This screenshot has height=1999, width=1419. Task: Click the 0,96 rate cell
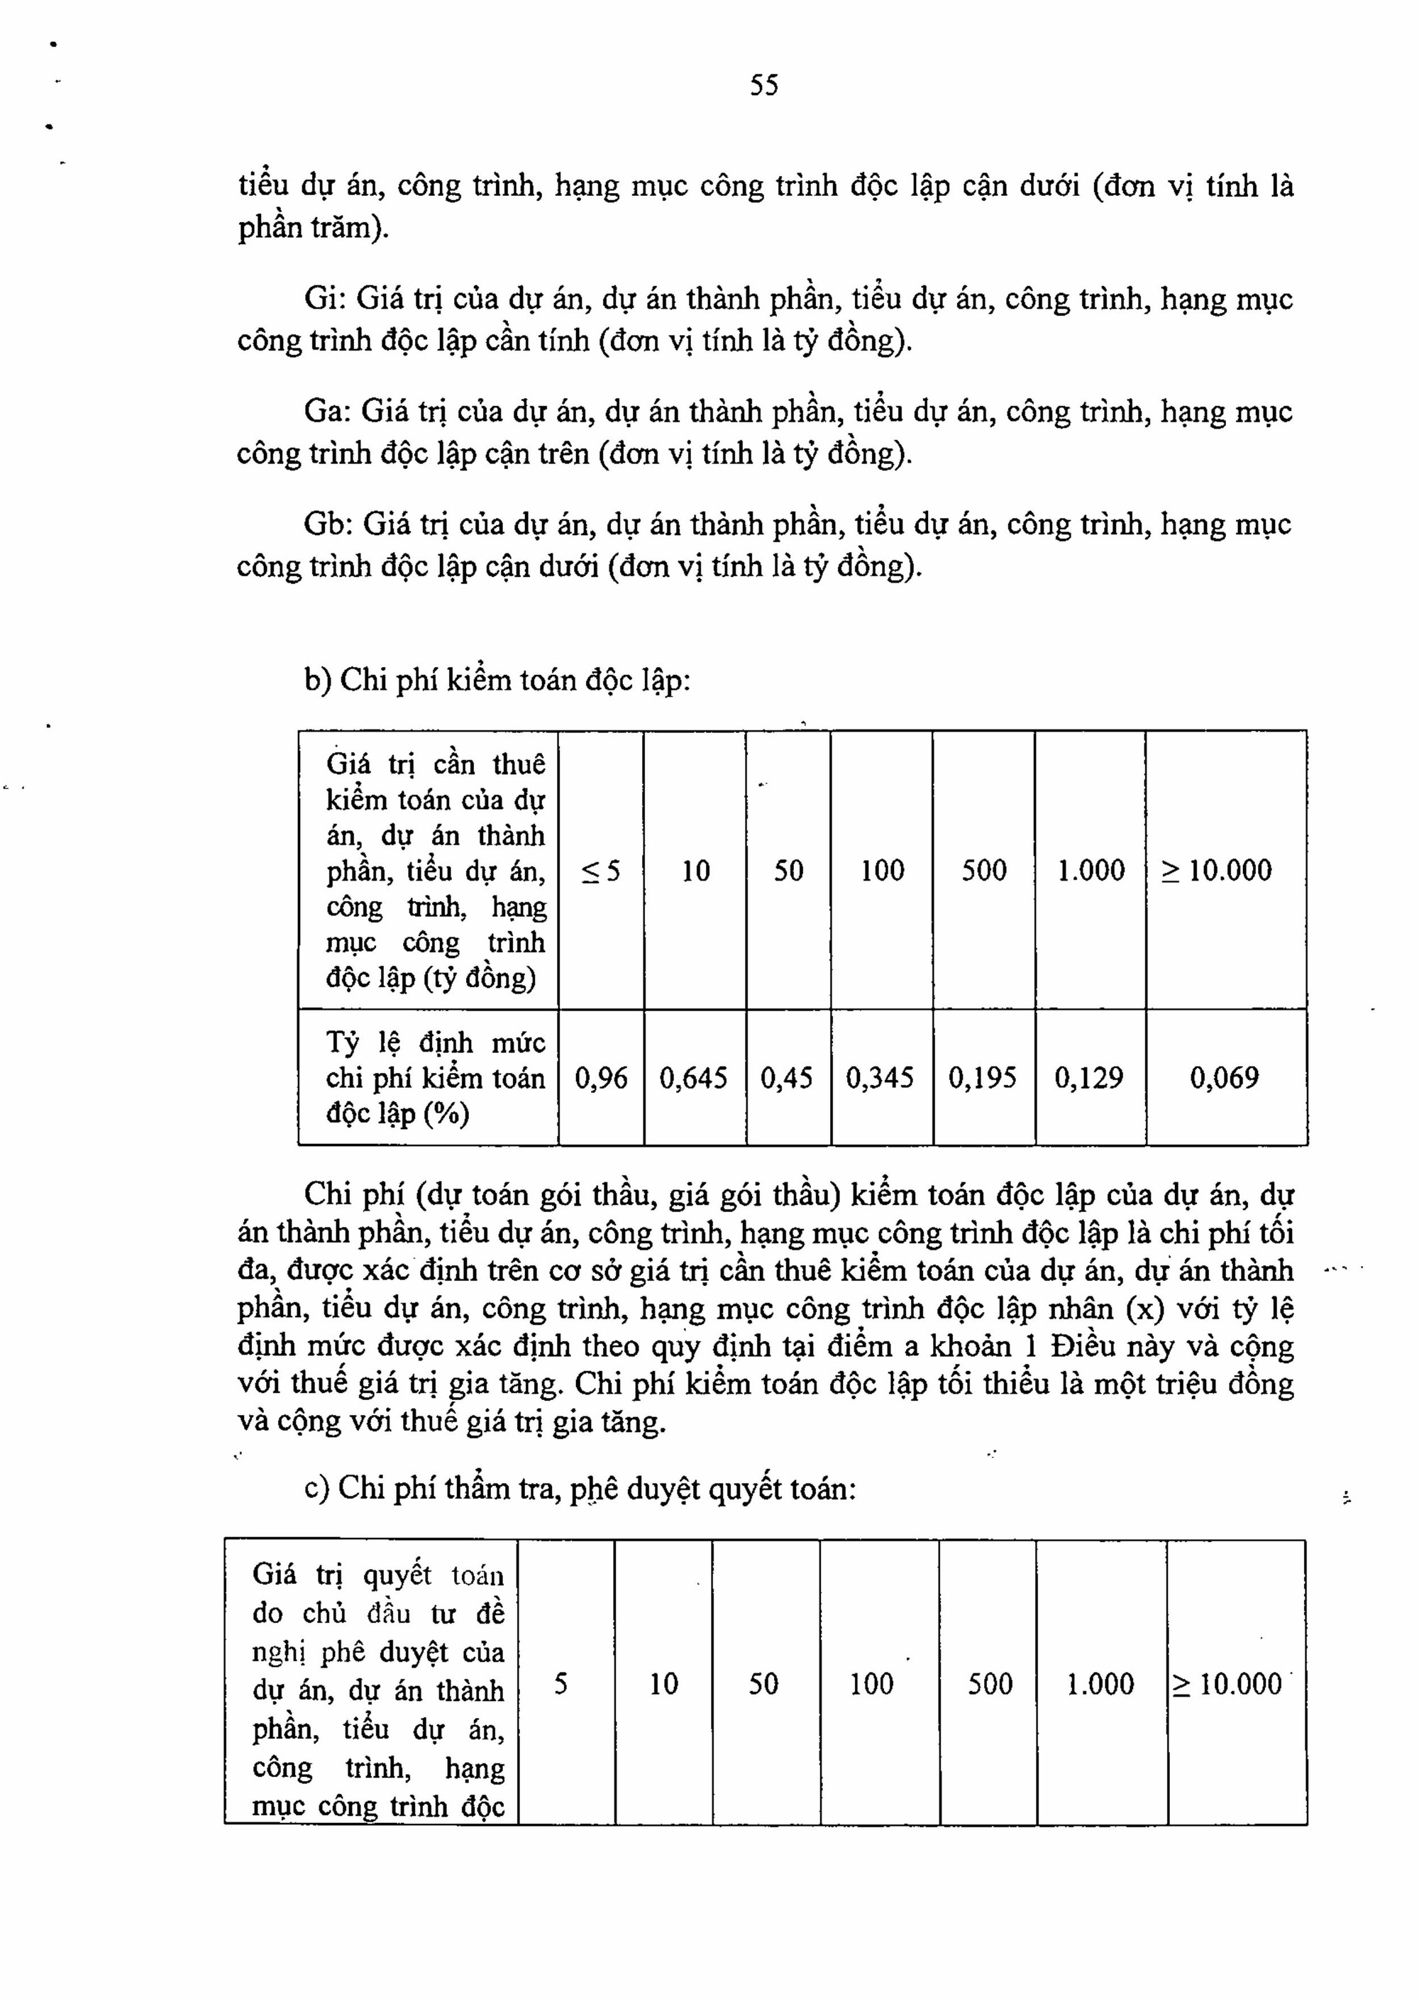[601, 1078]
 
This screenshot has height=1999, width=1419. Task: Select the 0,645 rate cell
[694, 1078]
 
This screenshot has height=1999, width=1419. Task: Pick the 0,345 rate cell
[880, 1078]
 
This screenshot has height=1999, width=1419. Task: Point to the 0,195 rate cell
[983, 1078]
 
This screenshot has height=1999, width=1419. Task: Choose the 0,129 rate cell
[1088, 1078]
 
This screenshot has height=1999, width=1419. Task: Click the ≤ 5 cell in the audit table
[601, 871]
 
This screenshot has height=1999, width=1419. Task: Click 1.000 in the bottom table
[1100, 1685]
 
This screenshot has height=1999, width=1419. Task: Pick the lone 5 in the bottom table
[561, 1685]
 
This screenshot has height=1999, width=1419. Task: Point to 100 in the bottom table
[872, 1685]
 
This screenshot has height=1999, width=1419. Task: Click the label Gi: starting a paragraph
[325, 299]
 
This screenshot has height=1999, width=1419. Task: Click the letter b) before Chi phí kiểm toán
[317, 680]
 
